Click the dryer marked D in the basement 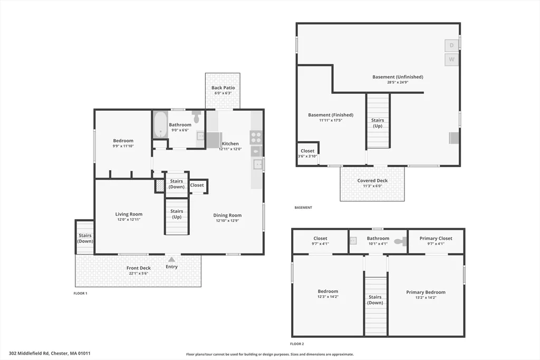click(x=451, y=45)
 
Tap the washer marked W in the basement click(x=451, y=59)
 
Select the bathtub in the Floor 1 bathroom click(x=160, y=124)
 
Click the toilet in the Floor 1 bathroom click(x=196, y=117)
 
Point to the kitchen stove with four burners click(x=256, y=138)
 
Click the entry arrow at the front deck click(x=171, y=259)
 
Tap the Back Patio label click(x=223, y=88)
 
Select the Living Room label click(x=129, y=214)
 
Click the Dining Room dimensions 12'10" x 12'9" click(x=227, y=221)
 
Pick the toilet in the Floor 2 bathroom click(x=400, y=241)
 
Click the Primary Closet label click(x=436, y=238)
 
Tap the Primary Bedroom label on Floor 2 click(x=426, y=292)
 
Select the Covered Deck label click(x=373, y=180)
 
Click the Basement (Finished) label click(x=331, y=115)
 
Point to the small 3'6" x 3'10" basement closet click(x=307, y=153)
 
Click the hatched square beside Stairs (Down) click(x=159, y=186)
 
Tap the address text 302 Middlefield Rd click(x=29, y=353)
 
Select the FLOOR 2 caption click(x=297, y=344)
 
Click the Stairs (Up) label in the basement click(x=378, y=123)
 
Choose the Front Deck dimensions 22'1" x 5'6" click(x=139, y=273)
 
